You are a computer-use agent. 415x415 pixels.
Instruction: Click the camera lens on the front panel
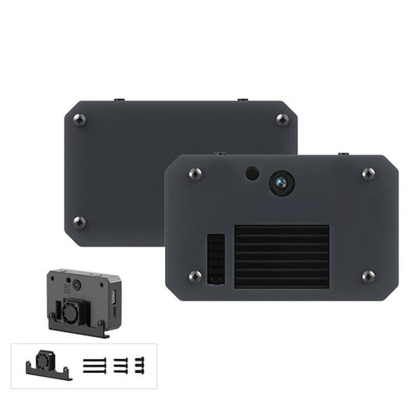pyautogui.click(x=281, y=183)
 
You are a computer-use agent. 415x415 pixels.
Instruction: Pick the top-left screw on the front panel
pyautogui.click(x=195, y=174)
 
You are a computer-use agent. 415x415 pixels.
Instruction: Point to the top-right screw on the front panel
pyautogui.click(x=368, y=173)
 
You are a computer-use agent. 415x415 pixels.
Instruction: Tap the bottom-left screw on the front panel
pyautogui.click(x=195, y=276)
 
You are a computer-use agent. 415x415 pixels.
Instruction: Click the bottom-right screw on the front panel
pyautogui.click(x=368, y=276)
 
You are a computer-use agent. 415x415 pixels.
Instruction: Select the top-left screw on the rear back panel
pyautogui.click(x=78, y=119)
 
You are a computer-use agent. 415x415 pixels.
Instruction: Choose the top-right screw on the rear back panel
pyautogui.click(x=282, y=119)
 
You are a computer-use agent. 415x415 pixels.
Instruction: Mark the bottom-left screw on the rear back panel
pyautogui.click(x=79, y=222)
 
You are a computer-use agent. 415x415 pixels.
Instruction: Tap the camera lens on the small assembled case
pyautogui.click(x=79, y=286)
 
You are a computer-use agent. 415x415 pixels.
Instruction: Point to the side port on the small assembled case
pyautogui.click(x=114, y=297)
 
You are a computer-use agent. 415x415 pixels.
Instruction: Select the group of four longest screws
pyautogui.click(x=93, y=364)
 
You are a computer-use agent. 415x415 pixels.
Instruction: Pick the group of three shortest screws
pyautogui.click(x=141, y=363)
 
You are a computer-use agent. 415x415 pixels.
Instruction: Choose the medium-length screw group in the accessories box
pyautogui.click(x=121, y=364)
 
